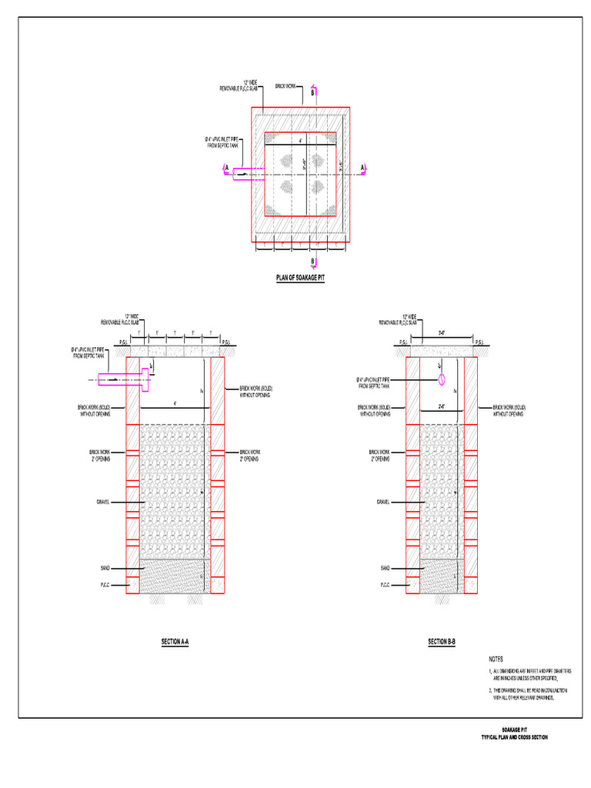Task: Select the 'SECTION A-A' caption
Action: (x=175, y=641)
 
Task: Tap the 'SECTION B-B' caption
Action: (x=442, y=641)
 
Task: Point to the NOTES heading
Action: (x=496, y=659)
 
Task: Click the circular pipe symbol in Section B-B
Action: (x=442, y=380)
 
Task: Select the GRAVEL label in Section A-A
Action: (x=102, y=502)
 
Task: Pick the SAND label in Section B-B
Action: (x=385, y=568)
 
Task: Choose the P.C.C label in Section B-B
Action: (x=385, y=585)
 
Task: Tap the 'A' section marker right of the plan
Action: (x=362, y=167)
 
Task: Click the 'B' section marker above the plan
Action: (x=313, y=92)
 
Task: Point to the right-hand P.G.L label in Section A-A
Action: (x=228, y=342)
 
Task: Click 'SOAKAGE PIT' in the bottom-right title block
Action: (x=514, y=730)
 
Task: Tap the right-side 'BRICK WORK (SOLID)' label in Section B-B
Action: (x=509, y=409)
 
